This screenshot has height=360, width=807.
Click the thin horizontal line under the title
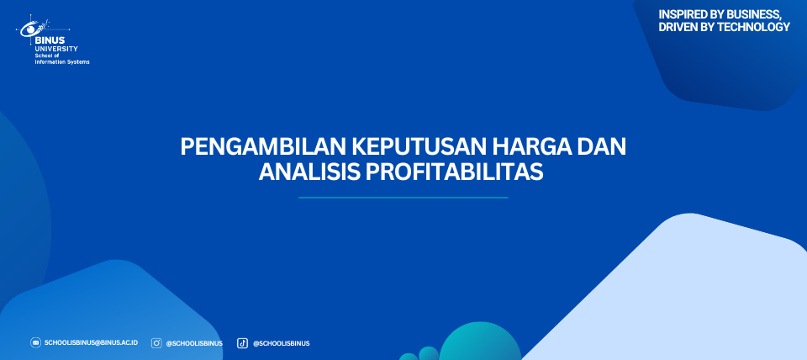coord(403,198)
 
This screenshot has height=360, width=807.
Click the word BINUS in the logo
coord(50,40)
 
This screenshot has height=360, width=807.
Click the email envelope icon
coord(35,343)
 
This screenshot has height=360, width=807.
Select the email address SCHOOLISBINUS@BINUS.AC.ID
coord(91,343)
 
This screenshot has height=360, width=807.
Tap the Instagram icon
coord(156,343)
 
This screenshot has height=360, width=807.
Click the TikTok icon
coord(242,343)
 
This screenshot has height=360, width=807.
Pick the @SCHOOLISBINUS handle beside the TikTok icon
coord(281,343)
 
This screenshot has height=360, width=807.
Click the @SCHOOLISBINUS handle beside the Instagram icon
coord(194,343)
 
